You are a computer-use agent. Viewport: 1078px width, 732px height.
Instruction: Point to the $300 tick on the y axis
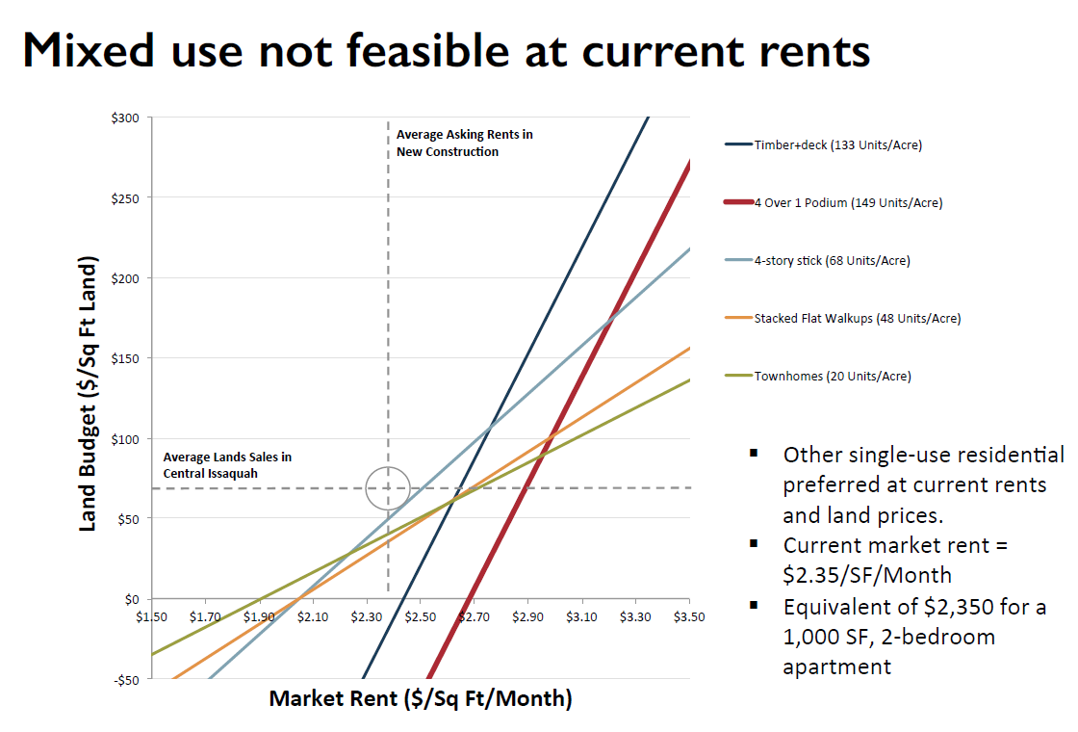pos(127,118)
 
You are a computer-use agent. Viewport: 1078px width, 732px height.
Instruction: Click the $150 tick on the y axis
pos(127,358)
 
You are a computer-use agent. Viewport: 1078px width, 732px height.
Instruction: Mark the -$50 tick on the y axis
pos(127,680)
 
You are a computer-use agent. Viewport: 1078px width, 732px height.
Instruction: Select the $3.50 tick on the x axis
pos(689,615)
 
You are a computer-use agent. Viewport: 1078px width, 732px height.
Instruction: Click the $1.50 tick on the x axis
pos(152,615)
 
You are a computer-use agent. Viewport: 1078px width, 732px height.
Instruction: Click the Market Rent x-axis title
pos(421,698)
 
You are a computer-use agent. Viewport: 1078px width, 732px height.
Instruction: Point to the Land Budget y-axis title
pos(88,393)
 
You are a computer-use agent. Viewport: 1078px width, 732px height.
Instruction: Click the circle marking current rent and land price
pos(388,488)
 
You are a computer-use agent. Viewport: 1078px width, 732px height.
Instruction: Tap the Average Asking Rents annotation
pos(464,143)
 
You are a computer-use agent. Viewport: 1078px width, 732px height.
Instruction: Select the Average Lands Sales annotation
pos(227,465)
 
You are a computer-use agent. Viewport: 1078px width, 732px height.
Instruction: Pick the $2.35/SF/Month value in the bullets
pos(867,575)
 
